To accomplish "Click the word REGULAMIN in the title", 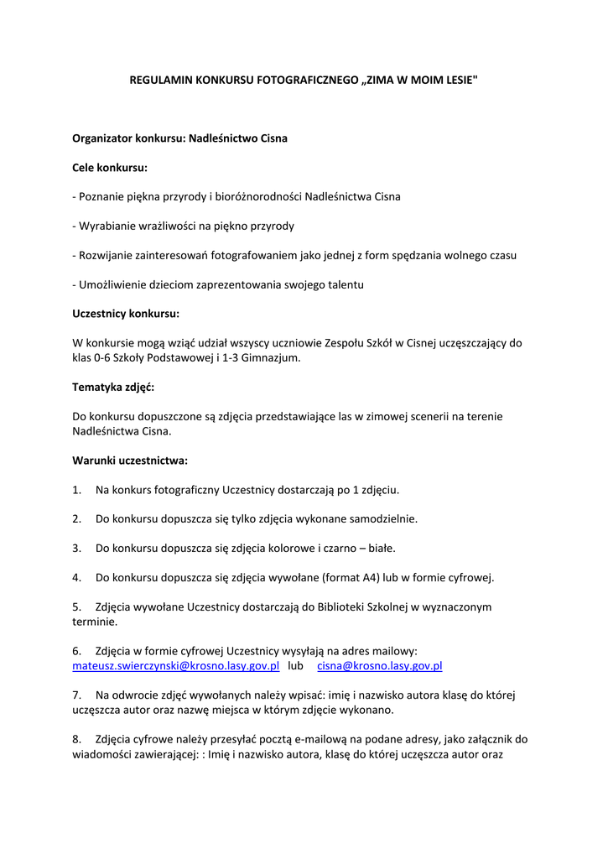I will click(x=159, y=81).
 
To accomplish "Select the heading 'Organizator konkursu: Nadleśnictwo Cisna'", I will click(x=179, y=138).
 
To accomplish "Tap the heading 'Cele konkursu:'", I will click(x=110, y=168).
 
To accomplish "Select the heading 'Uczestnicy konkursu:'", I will click(x=126, y=314).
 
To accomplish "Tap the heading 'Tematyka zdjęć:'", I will click(x=113, y=387).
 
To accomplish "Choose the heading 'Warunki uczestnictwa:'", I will click(x=130, y=461).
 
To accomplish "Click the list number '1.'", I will click(x=76, y=489).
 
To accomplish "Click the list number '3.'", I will click(x=76, y=548).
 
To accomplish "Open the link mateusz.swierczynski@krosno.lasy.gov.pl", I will click(x=175, y=666).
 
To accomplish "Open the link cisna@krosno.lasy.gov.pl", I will click(x=379, y=666).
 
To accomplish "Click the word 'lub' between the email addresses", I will click(x=295, y=666).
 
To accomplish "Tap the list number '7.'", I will click(x=76, y=695).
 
